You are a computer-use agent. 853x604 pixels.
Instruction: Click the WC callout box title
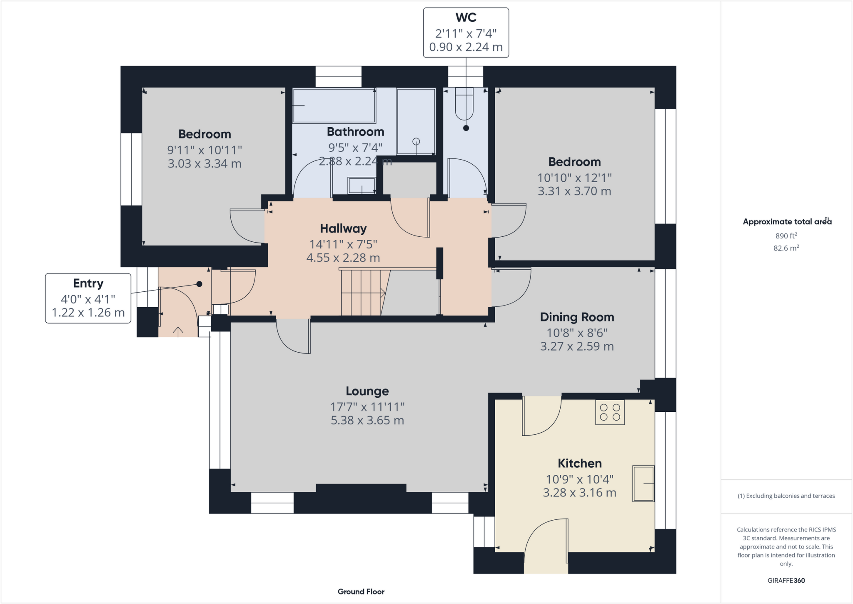point(466,18)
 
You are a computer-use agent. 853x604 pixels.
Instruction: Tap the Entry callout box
point(88,298)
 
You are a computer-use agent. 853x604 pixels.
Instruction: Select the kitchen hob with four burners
point(610,412)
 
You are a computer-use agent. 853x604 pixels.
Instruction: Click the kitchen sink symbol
point(643,484)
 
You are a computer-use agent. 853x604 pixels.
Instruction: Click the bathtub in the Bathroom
point(334,105)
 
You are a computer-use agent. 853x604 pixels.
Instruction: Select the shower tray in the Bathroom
point(416,121)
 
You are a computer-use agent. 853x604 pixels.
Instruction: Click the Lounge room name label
point(367,391)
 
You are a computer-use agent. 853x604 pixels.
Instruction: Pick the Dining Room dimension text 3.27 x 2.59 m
point(577,346)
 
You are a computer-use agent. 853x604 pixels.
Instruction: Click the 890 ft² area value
point(786,236)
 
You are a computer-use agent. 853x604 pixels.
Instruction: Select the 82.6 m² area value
point(786,248)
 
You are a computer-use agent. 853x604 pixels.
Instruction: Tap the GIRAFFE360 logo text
point(786,580)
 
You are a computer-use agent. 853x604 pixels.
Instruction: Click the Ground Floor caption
point(361,591)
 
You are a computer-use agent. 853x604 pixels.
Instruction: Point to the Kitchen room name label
point(579,463)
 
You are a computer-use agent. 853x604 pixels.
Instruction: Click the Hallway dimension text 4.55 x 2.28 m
point(343,258)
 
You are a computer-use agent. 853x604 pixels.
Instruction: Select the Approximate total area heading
point(787,222)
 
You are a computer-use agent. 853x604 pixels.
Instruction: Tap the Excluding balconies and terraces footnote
point(786,496)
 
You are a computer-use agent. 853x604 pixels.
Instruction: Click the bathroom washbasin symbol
point(362,185)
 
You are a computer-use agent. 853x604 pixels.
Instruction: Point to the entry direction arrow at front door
point(178,332)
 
